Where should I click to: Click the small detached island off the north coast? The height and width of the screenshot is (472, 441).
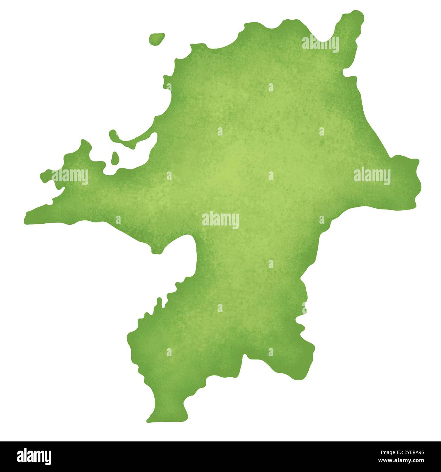[x=157, y=39]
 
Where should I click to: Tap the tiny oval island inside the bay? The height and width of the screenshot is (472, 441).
[x=115, y=158]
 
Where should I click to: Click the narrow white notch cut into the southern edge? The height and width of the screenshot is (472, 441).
[x=243, y=360]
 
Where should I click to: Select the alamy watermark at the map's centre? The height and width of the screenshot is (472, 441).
[x=220, y=220]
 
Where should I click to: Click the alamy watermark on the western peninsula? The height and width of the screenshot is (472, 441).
[x=70, y=176]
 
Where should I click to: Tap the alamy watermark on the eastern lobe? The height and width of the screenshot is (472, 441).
[x=372, y=176]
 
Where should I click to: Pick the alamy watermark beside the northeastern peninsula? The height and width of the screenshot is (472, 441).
[x=320, y=43]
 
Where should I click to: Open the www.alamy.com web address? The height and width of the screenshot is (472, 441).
[x=401, y=461]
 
